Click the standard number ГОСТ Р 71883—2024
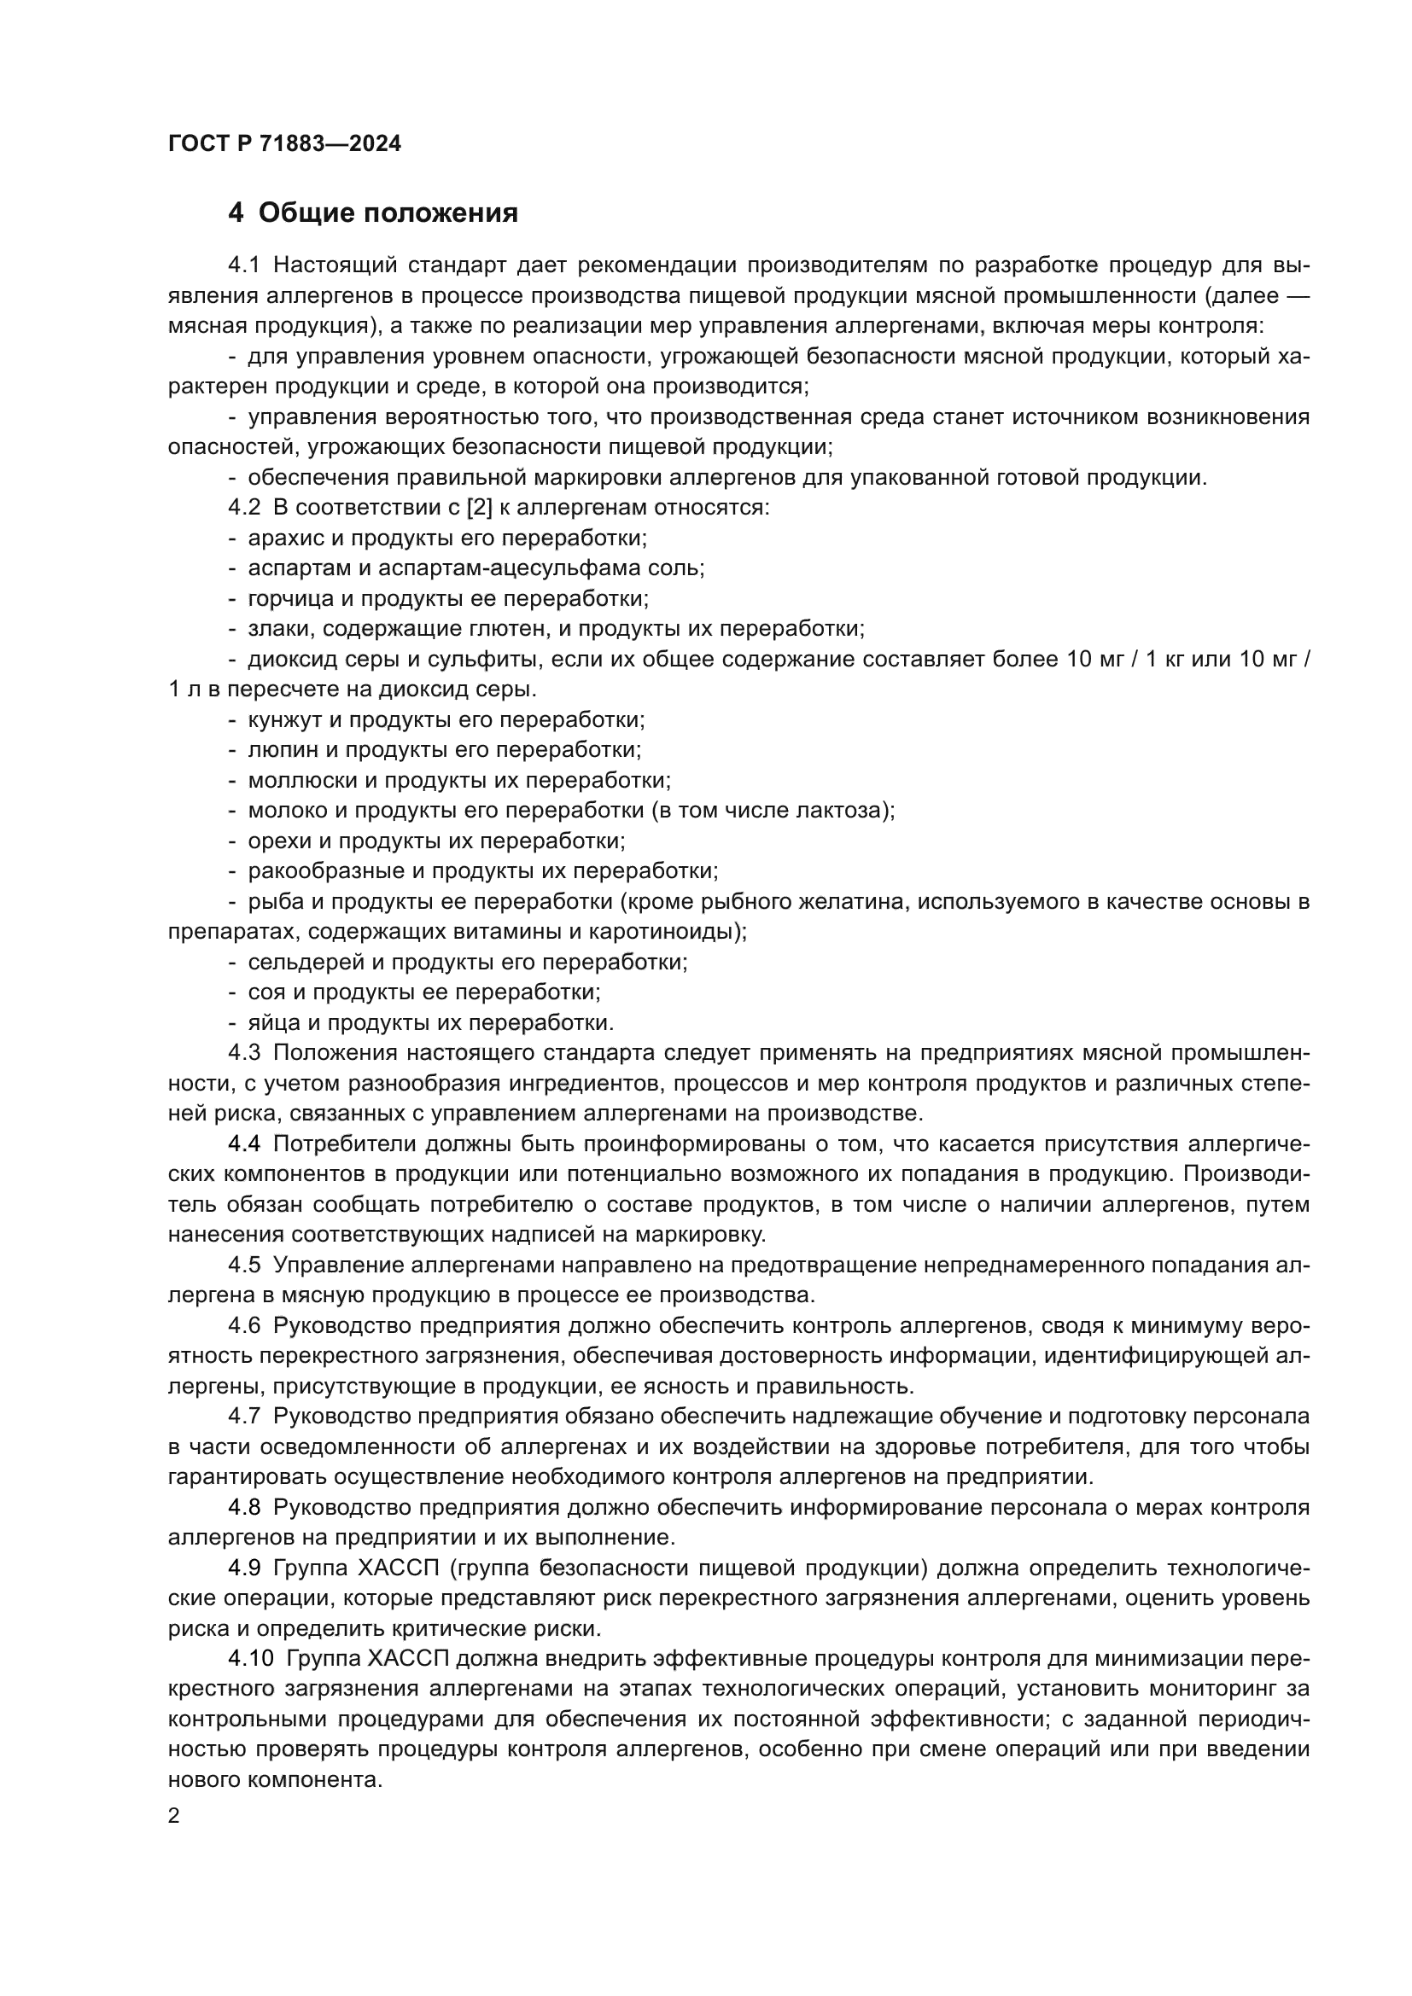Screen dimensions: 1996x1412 [x=284, y=144]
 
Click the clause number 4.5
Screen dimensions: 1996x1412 [x=244, y=1265]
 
